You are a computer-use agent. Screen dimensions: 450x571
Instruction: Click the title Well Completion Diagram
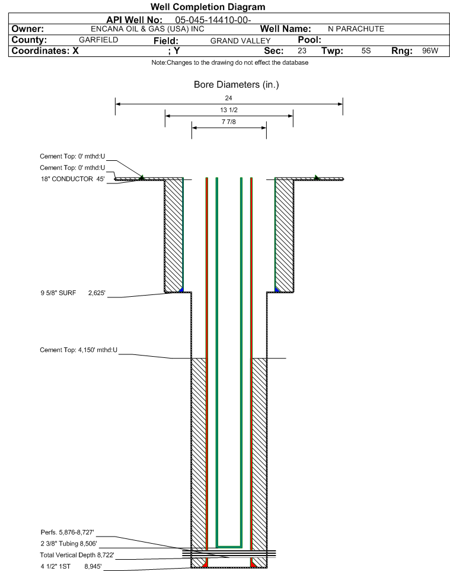pos(208,7)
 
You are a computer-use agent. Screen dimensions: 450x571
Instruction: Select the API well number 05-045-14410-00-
pos(213,20)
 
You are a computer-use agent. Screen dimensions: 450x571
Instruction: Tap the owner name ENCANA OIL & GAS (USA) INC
pos(148,29)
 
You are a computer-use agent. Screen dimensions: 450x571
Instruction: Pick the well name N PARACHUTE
pos(356,29)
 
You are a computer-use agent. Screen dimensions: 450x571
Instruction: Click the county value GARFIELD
pos(98,40)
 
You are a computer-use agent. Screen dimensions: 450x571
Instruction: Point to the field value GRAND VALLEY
pos(241,41)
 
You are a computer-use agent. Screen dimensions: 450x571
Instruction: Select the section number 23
pos(302,50)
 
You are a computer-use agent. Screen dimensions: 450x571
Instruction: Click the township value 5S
pos(366,50)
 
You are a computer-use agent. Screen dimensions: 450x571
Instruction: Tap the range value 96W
pos(430,50)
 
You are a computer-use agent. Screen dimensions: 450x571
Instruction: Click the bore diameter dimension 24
pos(228,98)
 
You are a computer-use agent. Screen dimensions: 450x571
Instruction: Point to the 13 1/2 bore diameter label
pos(229,110)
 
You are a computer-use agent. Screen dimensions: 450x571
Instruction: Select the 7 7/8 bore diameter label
pos(229,122)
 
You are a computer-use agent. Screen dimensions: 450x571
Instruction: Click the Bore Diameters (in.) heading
pos(236,85)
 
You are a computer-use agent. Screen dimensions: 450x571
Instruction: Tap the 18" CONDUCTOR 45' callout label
pos(72,179)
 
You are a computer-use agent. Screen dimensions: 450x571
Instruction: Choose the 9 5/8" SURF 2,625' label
pos(73,293)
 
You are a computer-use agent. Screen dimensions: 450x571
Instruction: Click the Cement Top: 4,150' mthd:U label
pos(79,350)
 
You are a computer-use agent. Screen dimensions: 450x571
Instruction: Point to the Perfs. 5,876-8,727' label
pos(68,532)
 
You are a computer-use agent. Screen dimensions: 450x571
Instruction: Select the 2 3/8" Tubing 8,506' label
pos(69,544)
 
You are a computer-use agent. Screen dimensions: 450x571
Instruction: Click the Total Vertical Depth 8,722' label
pos(77,555)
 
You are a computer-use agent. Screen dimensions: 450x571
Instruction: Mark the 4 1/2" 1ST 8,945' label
pos(71,566)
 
